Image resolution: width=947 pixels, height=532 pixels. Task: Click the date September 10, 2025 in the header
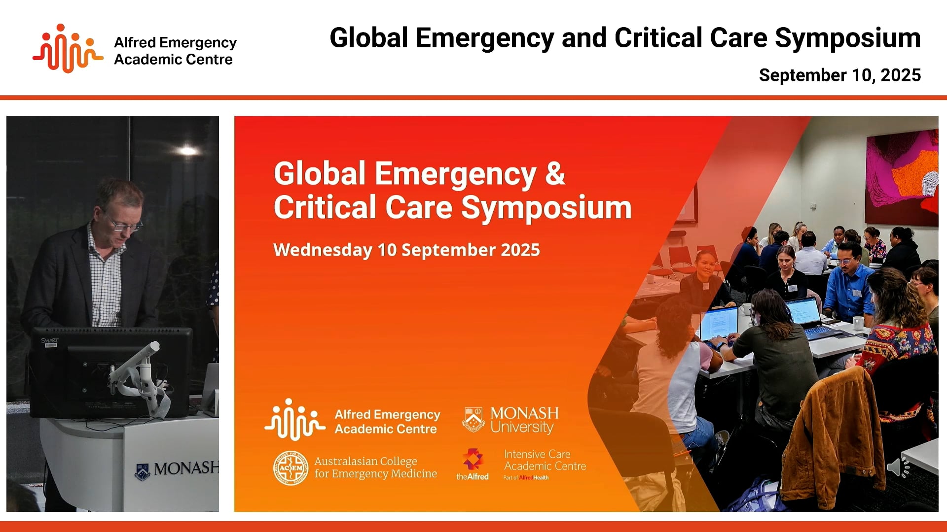tap(839, 75)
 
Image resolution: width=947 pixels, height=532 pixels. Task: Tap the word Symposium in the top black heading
tap(847, 38)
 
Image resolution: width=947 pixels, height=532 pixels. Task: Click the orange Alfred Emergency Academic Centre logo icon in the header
tap(68, 48)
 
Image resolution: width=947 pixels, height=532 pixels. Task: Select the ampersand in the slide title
tap(555, 173)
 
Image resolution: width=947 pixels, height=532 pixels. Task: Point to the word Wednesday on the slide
tap(322, 250)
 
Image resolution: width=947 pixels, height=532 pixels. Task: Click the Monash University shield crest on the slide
tap(473, 420)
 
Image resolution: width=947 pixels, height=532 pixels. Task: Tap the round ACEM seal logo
tap(291, 467)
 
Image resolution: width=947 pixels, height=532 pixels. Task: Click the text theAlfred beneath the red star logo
tap(472, 477)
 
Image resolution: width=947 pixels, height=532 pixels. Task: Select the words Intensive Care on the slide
tap(537, 454)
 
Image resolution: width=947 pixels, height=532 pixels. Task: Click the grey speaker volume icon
tap(898, 467)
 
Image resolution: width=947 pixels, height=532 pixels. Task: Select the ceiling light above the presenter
tap(187, 150)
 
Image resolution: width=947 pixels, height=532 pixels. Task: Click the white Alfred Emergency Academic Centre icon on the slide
tap(294, 420)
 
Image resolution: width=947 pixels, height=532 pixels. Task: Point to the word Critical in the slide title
tap(325, 207)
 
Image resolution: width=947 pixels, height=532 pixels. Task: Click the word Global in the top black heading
tap(369, 38)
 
